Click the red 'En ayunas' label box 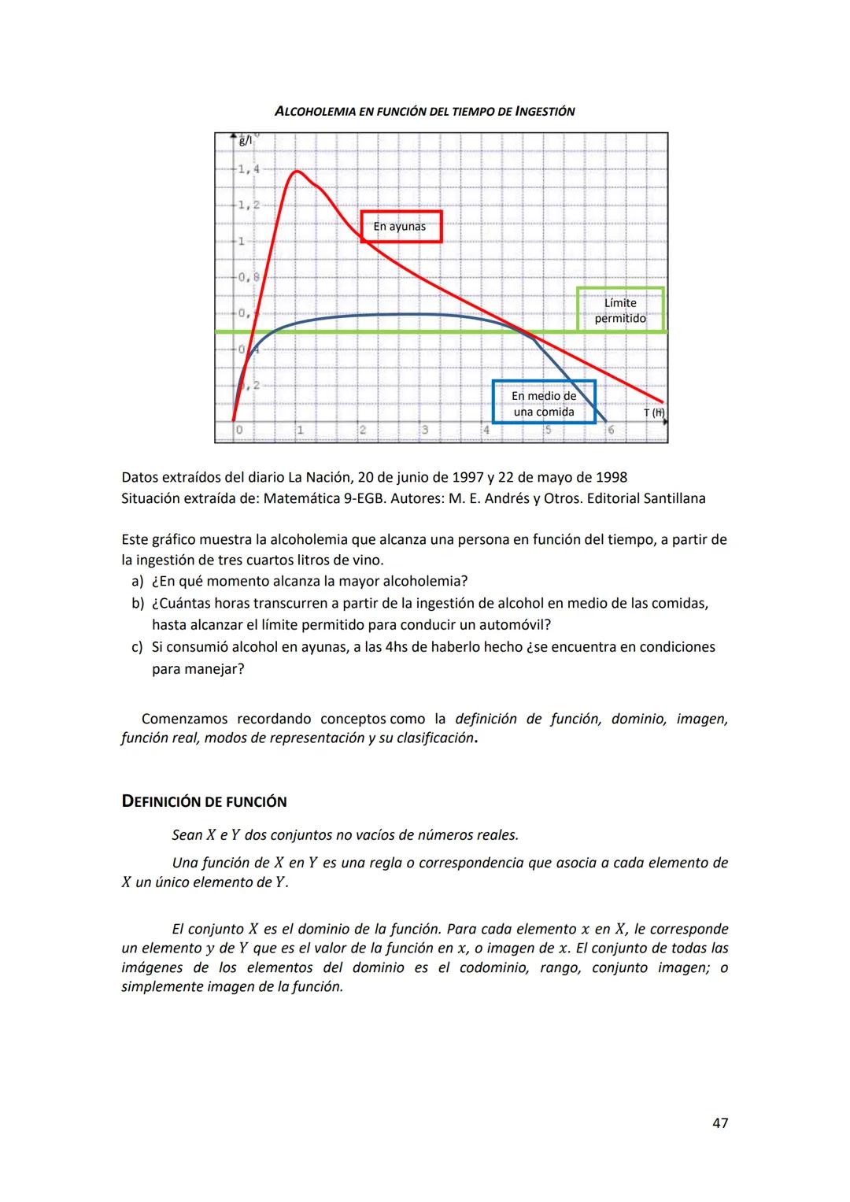[x=401, y=227]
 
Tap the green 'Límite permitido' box [x=620, y=310]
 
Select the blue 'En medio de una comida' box [x=543, y=403]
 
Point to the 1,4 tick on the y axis [x=249, y=168]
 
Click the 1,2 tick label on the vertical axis [x=249, y=205]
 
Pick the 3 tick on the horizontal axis [x=424, y=431]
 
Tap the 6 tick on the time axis [x=610, y=431]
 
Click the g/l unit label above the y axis [x=246, y=140]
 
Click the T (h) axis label [x=653, y=412]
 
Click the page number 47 [x=719, y=1123]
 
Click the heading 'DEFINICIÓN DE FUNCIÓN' [x=204, y=802]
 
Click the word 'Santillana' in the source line [x=674, y=498]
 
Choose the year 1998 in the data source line [x=611, y=478]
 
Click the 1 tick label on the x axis [x=300, y=431]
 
